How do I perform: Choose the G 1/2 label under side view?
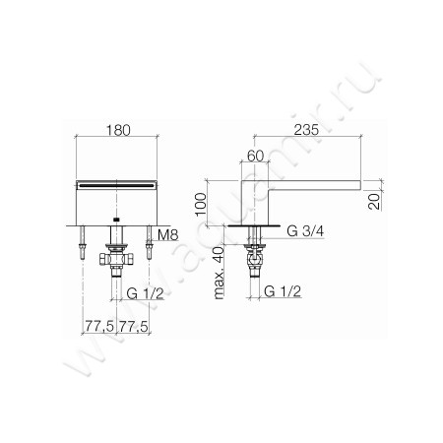[x=282, y=293]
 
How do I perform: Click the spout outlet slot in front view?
[x=116, y=184]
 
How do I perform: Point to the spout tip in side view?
[x=356, y=183]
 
